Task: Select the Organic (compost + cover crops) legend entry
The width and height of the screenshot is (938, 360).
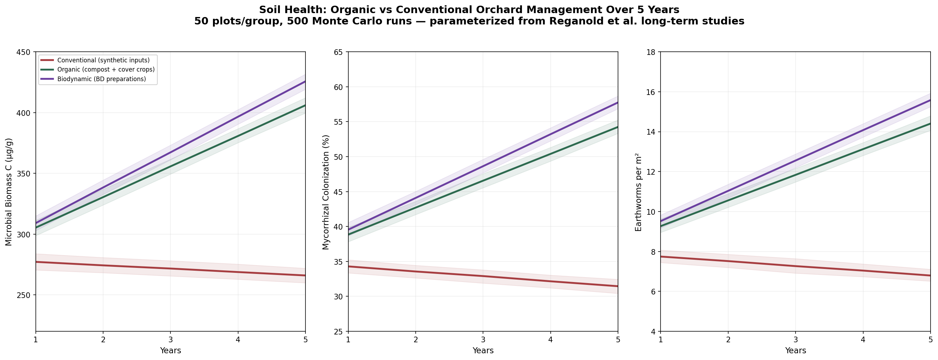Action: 106,69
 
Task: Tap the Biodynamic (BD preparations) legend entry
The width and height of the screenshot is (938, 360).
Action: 102,79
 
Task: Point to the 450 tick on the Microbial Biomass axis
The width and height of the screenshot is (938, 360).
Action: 24,52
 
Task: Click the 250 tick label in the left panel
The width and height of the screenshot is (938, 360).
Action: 24,295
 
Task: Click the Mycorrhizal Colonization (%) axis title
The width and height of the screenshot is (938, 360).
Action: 326,192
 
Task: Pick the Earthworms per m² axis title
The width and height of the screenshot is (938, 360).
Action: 638,192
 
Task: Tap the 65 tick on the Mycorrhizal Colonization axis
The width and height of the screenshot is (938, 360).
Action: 339,52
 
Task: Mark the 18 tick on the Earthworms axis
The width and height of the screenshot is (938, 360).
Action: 651,52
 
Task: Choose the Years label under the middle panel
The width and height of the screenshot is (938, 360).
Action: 483,351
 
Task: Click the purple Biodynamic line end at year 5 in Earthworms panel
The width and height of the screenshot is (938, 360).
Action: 930,101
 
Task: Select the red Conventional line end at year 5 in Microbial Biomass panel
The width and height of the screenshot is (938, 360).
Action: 305,276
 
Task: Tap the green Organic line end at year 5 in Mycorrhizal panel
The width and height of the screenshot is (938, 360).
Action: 617,127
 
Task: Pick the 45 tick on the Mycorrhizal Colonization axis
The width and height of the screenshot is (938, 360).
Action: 339,192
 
